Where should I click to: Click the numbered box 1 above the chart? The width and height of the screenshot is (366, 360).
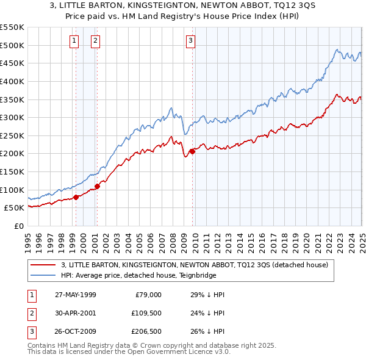click(x=74, y=41)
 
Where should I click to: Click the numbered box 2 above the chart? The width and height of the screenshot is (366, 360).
click(x=96, y=41)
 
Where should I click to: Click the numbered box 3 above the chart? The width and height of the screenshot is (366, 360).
click(x=190, y=41)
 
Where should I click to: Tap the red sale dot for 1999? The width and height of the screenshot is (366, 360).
click(x=76, y=196)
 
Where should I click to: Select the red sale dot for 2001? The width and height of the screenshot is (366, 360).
click(x=98, y=186)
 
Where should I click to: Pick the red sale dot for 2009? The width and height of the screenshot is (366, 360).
click(x=192, y=151)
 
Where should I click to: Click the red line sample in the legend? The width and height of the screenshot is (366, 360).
click(x=44, y=265)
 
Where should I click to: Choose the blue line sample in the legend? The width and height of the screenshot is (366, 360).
click(x=44, y=275)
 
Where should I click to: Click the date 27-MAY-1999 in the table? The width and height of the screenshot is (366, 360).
click(x=74, y=295)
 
